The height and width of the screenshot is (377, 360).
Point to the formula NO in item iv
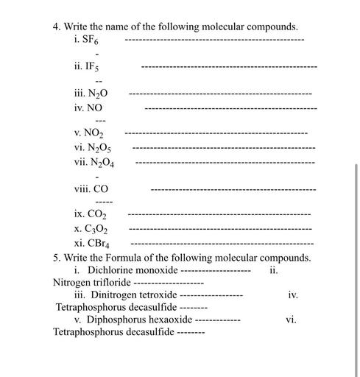click(x=95, y=108)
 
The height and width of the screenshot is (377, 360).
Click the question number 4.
click(x=57, y=27)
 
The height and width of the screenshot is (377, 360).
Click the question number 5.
click(x=57, y=258)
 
